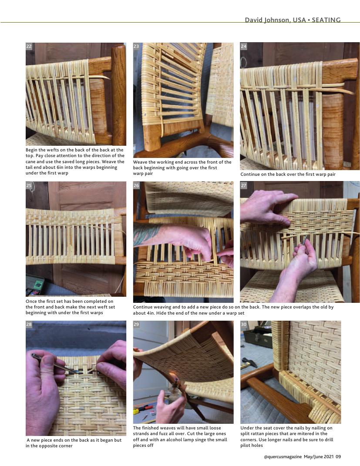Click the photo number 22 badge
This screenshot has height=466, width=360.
pos(29,47)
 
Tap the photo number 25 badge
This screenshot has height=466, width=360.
pos(29,185)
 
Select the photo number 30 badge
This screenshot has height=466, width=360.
pos(243,324)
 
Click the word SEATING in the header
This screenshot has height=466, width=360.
pos(326,20)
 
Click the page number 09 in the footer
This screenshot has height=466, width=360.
pos(338,456)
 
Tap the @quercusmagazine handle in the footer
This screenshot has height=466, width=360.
pos(283,457)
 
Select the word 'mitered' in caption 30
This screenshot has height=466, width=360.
pos(299,434)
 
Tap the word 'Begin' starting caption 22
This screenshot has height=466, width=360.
pos(32,150)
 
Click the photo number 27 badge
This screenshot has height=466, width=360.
pos(243,185)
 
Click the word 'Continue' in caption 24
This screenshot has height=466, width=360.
pos(250,174)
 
